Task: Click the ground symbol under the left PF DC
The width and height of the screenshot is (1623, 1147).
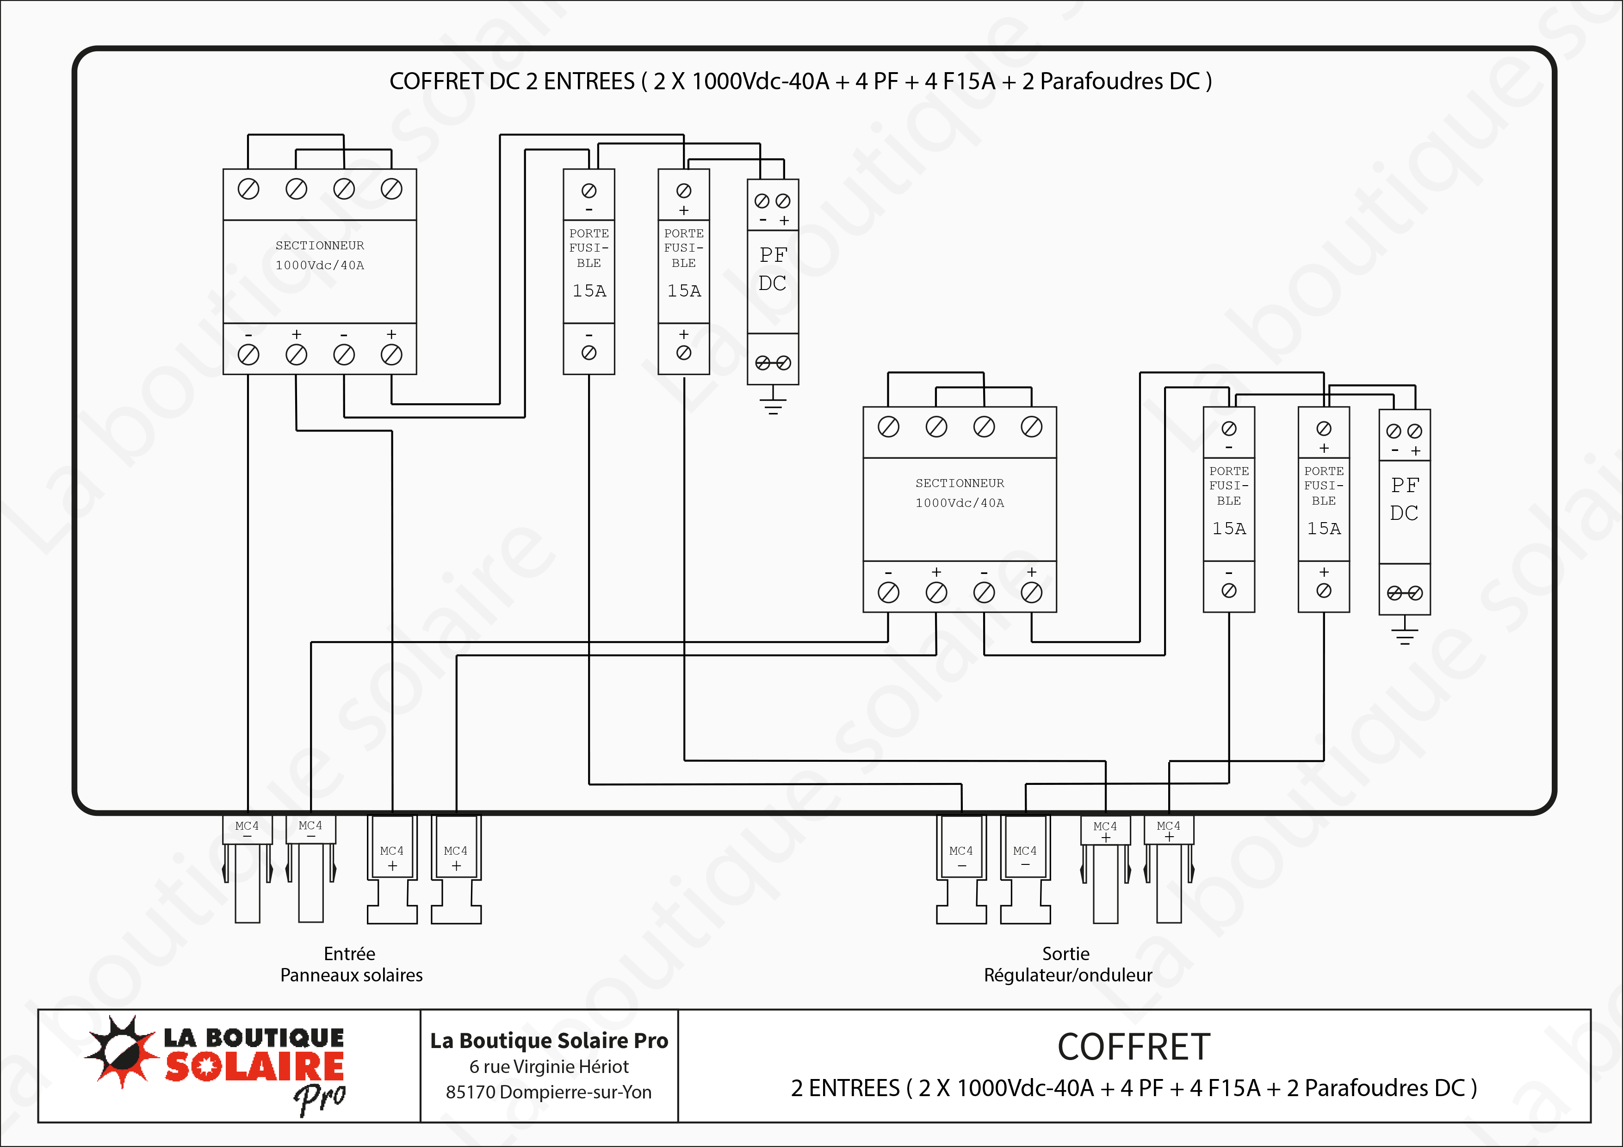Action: [x=773, y=406]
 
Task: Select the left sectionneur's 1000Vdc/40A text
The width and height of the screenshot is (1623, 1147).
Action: [x=320, y=265]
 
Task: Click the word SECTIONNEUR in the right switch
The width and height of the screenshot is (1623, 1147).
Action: [x=959, y=483]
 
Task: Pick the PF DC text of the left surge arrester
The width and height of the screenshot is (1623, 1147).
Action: [x=773, y=269]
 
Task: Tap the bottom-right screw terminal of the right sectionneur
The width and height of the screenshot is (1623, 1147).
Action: [x=1031, y=592]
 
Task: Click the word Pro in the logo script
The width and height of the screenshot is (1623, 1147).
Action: [x=320, y=1098]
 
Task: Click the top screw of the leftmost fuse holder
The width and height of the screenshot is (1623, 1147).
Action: [x=589, y=191]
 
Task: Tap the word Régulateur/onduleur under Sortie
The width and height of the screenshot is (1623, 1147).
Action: [x=1067, y=975]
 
